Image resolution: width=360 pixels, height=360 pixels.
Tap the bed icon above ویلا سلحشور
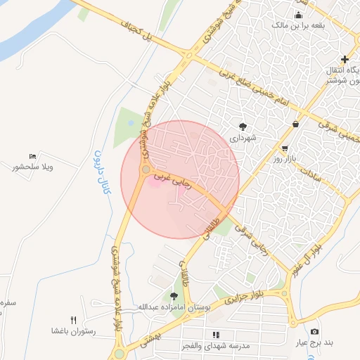pyautogui.click(x=32, y=156)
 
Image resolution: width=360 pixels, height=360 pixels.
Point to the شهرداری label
pyautogui.click(x=242, y=138)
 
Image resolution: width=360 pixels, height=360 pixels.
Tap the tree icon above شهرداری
pyautogui.click(x=243, y=127)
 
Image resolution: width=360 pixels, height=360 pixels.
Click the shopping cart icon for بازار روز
pyautogui.click(x=284, y=148)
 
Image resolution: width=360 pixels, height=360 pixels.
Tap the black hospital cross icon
pyautogui.click(x=345, y=59)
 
